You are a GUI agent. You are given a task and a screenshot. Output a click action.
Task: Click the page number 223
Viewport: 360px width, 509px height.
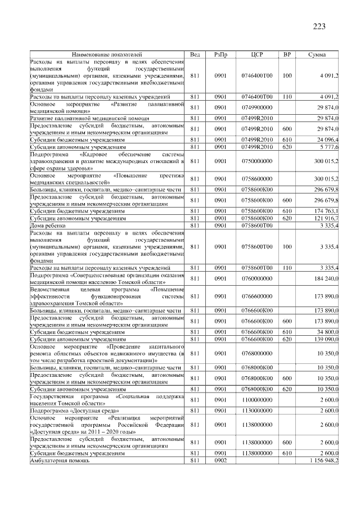[319, 26]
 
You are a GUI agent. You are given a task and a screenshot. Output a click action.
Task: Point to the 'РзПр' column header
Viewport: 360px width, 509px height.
[220, 54]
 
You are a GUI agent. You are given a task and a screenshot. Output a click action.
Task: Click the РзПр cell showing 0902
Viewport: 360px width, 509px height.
[220, 461]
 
